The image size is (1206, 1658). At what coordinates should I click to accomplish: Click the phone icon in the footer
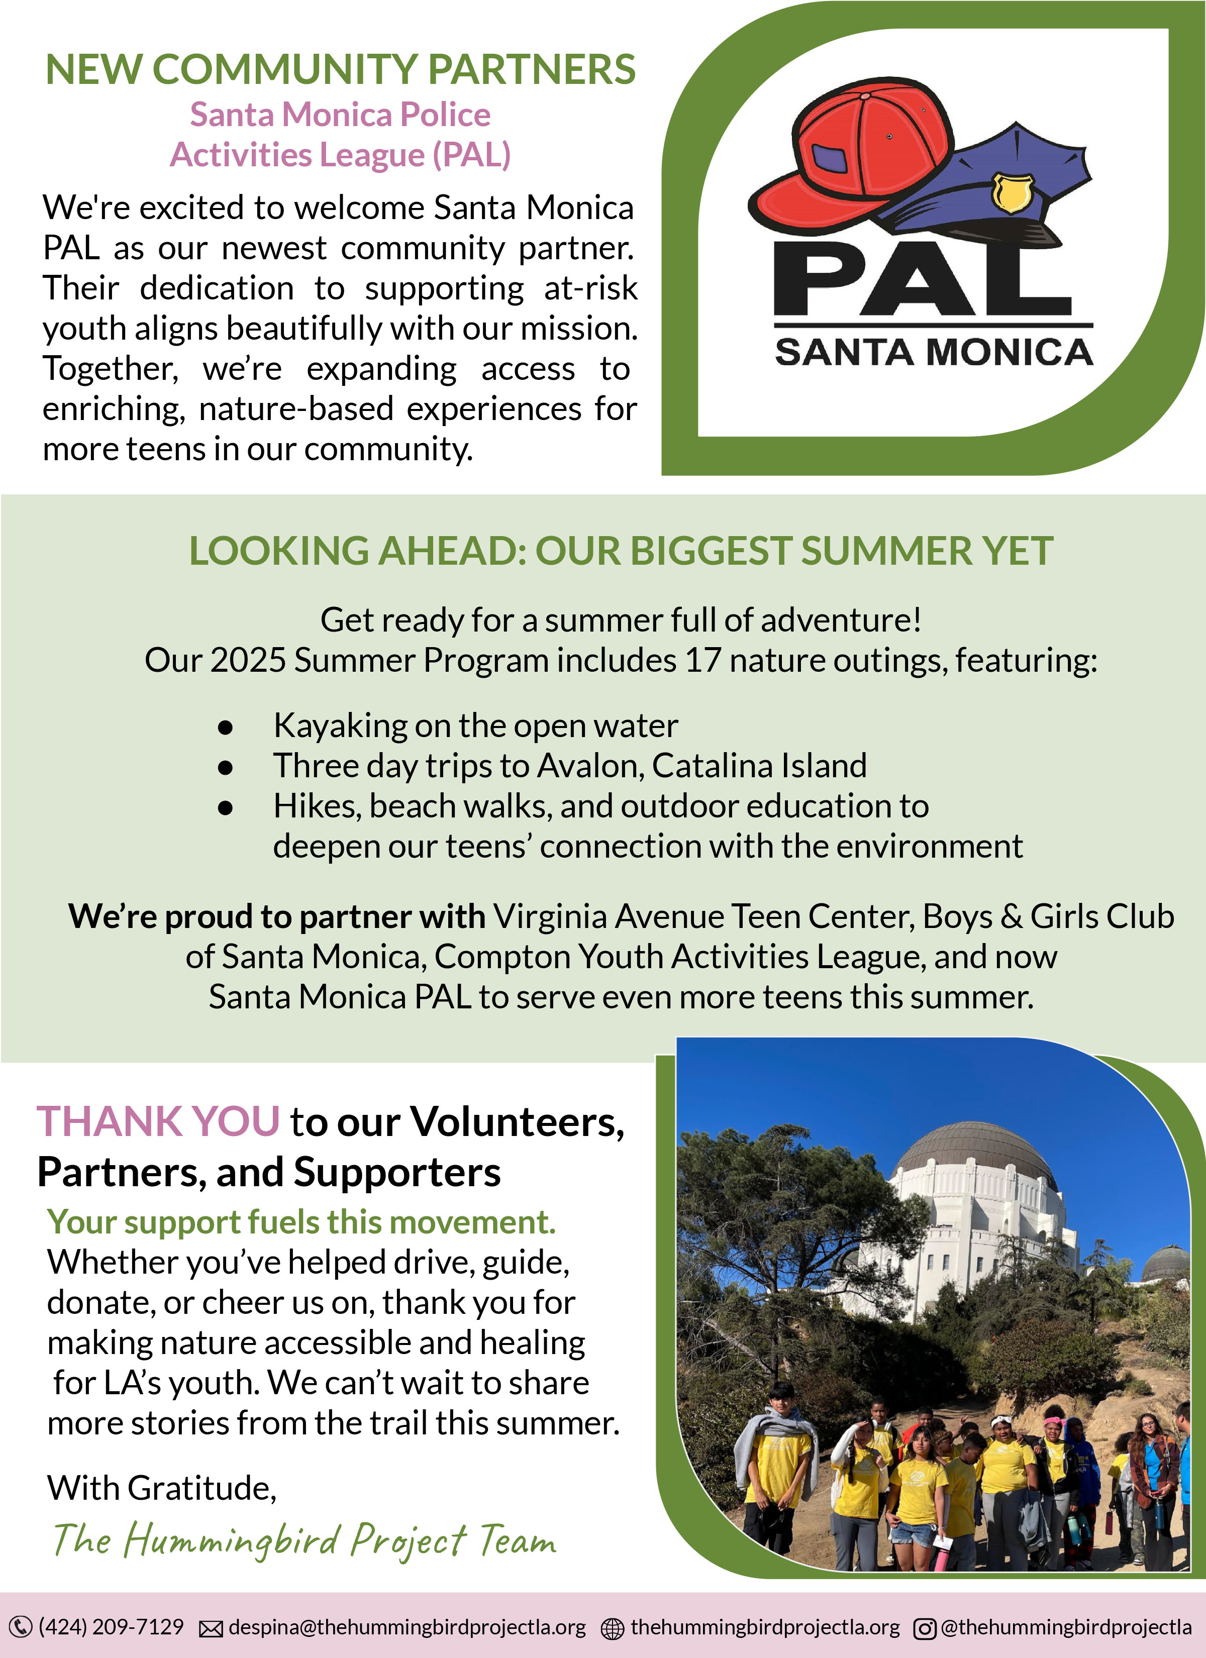21,1627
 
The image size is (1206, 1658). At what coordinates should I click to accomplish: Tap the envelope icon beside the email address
212,1629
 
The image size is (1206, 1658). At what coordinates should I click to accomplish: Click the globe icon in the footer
612,1629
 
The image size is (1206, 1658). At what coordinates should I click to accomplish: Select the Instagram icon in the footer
925,1629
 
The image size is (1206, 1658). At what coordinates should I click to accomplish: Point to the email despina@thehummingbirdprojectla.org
408,1627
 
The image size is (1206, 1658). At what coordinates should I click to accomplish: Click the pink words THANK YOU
158,1121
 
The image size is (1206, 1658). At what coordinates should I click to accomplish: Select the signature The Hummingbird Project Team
304,1540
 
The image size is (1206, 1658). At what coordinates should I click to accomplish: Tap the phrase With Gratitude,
162,1488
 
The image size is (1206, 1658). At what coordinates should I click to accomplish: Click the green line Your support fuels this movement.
301,1222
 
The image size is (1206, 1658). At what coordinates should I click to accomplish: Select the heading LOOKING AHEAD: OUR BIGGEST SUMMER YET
621,551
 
